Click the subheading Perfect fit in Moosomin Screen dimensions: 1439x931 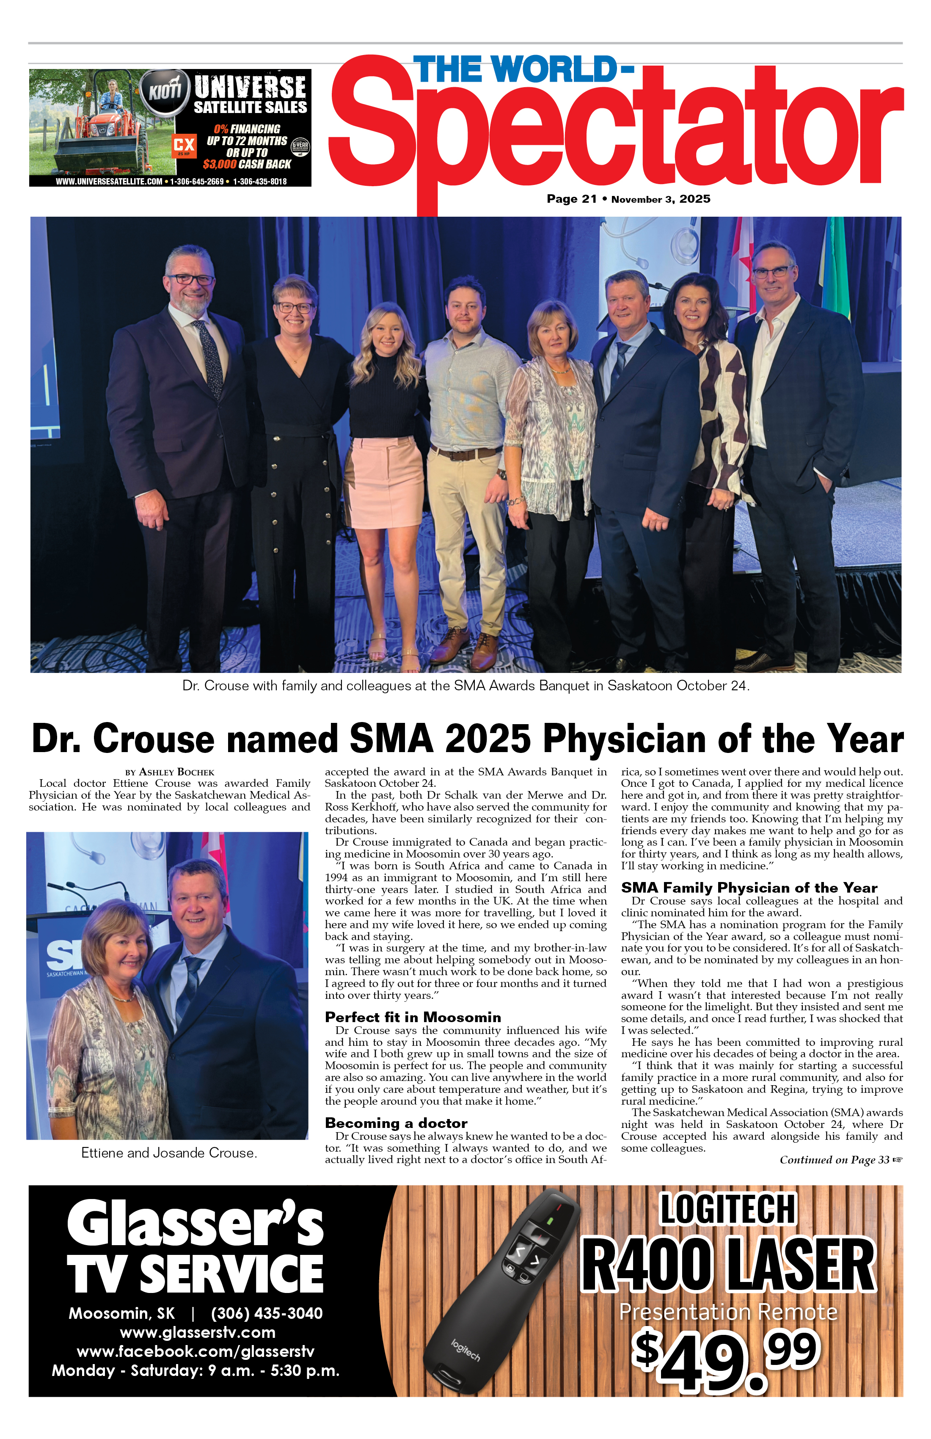[413, 1017]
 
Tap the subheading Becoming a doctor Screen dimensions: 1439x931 [396, 1123]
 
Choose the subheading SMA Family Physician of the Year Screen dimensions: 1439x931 [749, 888]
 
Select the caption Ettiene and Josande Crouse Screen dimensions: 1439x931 [169, 1153]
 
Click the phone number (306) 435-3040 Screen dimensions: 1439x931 [267, 1313]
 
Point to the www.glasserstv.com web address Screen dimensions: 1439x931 [197, 1333]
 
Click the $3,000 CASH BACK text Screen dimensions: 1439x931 [247, 164]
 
